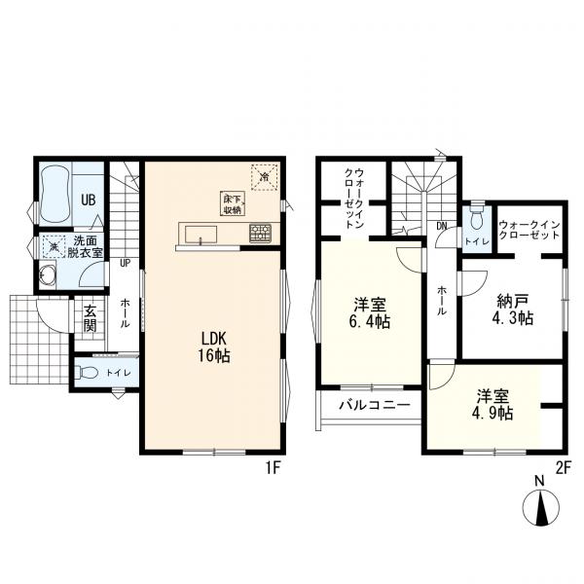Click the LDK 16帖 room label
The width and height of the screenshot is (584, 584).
click(x=214, y=347)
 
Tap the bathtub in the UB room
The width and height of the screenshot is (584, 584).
click(x=55, y=194)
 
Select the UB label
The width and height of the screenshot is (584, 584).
click(x=89, y=200)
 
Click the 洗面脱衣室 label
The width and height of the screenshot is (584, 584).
click(x=85, y=246)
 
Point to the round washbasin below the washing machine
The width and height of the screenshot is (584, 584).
click(x=48, y=275)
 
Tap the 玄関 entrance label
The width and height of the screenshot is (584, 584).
click(x=91, y=318)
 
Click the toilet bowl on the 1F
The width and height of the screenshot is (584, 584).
click(x=88, y=372)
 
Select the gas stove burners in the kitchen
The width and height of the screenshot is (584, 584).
click(x=260, y=233)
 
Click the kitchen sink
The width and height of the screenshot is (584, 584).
click(x=201, y=234)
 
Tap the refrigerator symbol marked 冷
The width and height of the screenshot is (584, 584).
click(x=265, y=176)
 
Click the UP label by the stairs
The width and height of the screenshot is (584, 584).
click(x=126, y=263)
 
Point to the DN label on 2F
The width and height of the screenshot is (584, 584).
click(x=442, y=226)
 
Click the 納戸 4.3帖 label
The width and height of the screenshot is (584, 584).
click(x=513, y=310)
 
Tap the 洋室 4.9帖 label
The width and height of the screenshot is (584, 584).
click(x=493, y=405)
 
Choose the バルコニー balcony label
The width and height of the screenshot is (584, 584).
click(x=375, y=405)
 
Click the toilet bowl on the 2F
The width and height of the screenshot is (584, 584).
click(x=477, y=219)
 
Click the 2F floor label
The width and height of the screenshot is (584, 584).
click(x=564, y=468)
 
